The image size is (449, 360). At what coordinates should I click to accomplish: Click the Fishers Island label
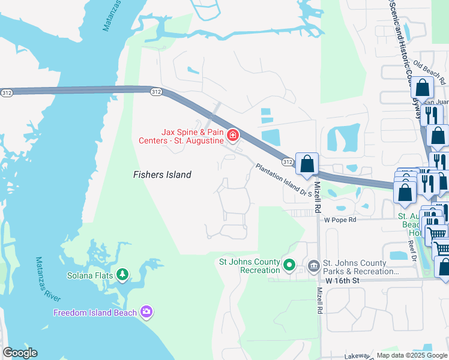point(161,175)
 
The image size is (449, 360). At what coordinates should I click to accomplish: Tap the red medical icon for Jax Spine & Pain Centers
point(233,136)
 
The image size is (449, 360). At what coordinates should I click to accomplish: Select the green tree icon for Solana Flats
point(122,274)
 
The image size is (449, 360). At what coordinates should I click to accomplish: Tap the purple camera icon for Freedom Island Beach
point(146,311)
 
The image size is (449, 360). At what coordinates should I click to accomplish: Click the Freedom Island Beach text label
point(95,313)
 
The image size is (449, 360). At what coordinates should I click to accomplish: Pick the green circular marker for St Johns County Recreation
point(289,264)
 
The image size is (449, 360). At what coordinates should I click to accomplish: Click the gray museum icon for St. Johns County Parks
point(313,265)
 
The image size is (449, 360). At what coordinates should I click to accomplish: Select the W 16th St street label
point(342,281)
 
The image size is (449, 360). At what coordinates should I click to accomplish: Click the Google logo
point(20,353)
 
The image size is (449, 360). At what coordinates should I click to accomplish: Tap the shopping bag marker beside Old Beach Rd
point(423,88)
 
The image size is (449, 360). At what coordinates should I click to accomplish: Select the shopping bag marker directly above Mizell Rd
point(307,163)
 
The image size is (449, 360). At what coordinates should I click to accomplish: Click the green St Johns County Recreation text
point(250,266)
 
